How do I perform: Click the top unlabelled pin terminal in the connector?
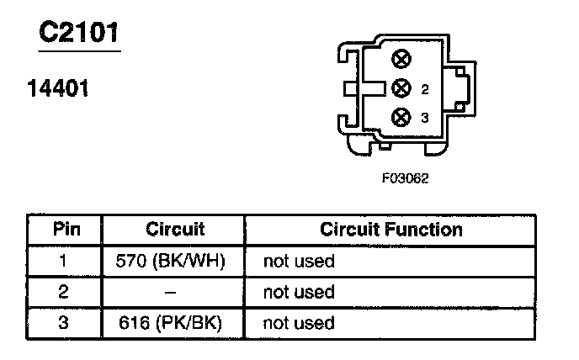[x=401, y=59]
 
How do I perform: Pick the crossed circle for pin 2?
[x=401, y=88]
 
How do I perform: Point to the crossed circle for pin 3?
[x=401, y=118]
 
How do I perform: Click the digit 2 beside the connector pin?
[x=425, y=88]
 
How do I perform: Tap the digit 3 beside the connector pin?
[x=425, y=119]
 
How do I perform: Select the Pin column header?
[x=65, y=230]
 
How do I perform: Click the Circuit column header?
[x=175, y=230]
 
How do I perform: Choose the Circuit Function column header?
[x=391, y=230]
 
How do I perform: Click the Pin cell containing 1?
[x=64, y=262]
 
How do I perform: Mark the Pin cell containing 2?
[x=64, y=292]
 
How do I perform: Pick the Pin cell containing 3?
[x=64, y=322]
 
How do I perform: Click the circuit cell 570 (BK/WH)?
[x=175, y=262]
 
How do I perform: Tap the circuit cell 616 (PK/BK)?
[x=175, y=322]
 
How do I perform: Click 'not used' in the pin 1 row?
[x=299, y=262]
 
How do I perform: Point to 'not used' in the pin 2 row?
[x=299, y=292]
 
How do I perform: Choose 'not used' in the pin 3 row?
[x=299, y=322]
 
